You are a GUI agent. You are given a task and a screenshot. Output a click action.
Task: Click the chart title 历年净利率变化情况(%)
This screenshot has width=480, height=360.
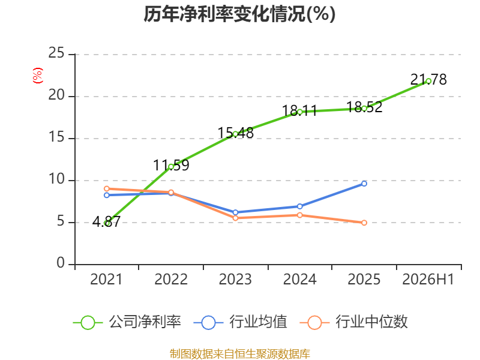[x=239, y=14]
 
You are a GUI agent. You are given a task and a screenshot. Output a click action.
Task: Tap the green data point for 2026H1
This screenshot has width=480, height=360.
[x=428, y=81]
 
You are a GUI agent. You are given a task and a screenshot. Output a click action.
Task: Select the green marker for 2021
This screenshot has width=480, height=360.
[x=107, y=223]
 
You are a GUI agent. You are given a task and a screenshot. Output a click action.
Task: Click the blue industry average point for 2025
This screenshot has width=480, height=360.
[x=364, y=184]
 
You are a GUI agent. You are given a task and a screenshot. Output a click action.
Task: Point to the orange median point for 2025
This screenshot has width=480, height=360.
[x=364, y=223]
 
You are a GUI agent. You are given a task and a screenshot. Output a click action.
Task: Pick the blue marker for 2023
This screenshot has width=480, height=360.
[x=235, y=212]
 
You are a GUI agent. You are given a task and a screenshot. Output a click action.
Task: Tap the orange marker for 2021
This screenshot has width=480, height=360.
[x=107, y=189]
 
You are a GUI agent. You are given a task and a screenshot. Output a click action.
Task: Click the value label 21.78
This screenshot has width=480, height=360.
[x=428, y=80]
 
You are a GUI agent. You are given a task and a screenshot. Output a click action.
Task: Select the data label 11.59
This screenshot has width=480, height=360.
[x=171, y=166]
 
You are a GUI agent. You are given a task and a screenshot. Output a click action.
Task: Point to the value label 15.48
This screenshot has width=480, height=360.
[x=235, y=133]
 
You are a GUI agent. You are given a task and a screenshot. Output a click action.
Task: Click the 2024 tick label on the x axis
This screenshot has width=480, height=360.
[x=299, y=279]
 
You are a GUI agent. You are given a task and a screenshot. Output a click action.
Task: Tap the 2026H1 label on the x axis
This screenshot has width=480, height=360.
[x=428, y=279]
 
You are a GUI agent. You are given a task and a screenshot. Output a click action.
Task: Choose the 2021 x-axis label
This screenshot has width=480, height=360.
[x=106, y=279]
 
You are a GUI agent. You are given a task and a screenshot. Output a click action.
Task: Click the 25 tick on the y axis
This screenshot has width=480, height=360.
[x=56, y=53]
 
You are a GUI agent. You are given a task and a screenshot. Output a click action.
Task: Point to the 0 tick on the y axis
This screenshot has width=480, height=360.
[x=61, y=263]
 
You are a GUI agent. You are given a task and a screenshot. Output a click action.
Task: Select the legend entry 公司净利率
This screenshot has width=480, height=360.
[x=127, y=322]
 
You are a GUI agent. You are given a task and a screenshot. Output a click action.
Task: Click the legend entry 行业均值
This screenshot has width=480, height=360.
[x=241, y=322]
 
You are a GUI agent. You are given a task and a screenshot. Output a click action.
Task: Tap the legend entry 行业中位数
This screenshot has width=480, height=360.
[x=353, y=322]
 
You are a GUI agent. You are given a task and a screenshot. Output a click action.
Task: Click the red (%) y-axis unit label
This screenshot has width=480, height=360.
[x=38, y=76]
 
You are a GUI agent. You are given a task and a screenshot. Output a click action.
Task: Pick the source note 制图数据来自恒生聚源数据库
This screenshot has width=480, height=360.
[x=240, y=354]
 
